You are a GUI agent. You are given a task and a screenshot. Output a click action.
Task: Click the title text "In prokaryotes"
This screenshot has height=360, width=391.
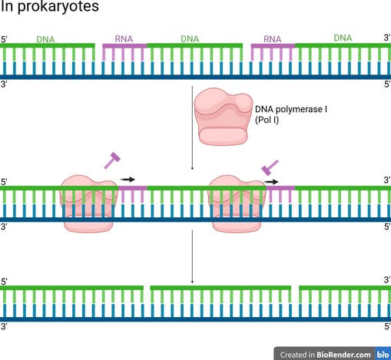[x=50, y=6]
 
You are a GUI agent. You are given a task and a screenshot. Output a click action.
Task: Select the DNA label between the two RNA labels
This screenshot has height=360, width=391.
[x=190, y=39]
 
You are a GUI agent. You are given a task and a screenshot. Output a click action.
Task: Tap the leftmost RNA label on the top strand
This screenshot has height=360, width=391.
[x=124, y=39]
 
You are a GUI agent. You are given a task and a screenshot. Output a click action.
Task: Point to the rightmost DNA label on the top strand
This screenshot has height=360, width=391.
[x=343, y=38]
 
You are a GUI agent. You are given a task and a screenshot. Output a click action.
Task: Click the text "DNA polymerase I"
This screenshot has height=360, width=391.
[x=291, y=109]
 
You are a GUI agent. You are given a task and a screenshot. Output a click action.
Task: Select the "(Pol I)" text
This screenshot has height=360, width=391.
[x=267, y=120]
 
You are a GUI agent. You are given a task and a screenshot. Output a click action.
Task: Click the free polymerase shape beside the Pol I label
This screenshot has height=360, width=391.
[x=223, y=117]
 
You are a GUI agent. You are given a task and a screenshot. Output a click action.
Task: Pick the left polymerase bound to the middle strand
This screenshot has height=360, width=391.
[x=88, y=203]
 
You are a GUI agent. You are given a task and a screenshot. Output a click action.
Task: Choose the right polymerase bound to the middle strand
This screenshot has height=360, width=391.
[x=237, y=203]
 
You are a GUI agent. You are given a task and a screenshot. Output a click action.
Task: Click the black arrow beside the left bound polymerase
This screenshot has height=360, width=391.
[x=128, y=180]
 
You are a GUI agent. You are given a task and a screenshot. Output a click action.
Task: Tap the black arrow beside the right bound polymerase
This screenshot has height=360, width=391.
[x=271, y=182]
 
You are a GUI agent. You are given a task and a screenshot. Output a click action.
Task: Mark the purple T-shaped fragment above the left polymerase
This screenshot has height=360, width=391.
[x=112, y=160]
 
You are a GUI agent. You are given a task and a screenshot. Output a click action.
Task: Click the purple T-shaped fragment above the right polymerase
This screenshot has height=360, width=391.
[x=270, y=167]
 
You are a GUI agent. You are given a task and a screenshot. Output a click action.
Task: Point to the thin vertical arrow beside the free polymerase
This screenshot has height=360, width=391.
[x=192, y=128]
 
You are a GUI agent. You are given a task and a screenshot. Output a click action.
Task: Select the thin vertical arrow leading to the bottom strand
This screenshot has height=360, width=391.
[x=192, y=256]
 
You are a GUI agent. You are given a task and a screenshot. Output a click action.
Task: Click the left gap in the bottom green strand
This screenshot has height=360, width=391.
[x=147, y=288]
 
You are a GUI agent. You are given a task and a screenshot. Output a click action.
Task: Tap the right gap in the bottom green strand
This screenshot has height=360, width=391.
[x=295, y=288]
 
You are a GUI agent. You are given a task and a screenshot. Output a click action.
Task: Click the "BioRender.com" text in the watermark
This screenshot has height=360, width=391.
[x=343, y=355]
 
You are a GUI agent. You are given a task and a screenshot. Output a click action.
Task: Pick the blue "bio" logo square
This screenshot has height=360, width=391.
[x=383, y=354]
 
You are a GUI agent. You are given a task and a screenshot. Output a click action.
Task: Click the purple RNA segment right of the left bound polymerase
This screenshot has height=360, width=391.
[x=133, y=188]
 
